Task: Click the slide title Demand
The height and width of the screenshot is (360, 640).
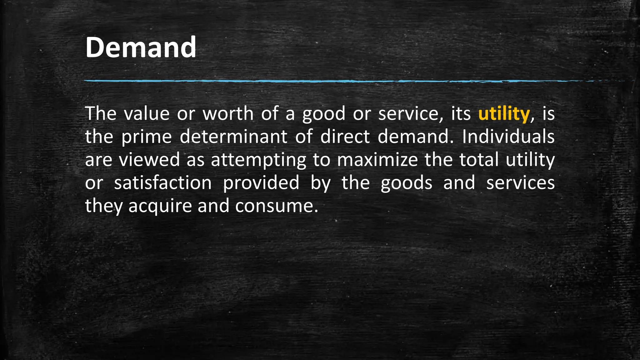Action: click(141, 47)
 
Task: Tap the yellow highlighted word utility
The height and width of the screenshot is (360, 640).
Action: click(504, 113)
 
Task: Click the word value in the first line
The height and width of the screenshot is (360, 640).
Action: click(147, 113)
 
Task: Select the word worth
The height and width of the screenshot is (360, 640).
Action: click(228, 113)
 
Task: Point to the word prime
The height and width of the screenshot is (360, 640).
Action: click(147, 137)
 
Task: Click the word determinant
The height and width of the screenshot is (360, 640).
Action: click(233, 137)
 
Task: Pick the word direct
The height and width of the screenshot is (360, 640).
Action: click(345, 137)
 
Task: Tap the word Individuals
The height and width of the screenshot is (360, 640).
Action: click(508, 137)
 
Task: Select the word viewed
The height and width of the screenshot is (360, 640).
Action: click(149, 160)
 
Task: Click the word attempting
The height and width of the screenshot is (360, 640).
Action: click(258, 160)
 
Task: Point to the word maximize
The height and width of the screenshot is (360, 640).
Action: click(377, 160)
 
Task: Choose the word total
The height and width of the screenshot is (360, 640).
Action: click(479, 160)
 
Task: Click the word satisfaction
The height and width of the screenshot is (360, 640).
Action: click(163, 183)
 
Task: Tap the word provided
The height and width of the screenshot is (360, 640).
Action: click(261, 183)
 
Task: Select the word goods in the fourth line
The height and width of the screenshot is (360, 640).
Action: click(406, 183)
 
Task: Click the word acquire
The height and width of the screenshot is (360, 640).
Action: click(160, 206)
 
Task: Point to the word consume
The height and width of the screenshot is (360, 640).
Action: click(277, 206)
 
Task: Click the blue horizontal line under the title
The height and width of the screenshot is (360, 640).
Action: click(312, 81)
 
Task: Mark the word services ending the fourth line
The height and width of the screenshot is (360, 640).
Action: click(520, 183)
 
